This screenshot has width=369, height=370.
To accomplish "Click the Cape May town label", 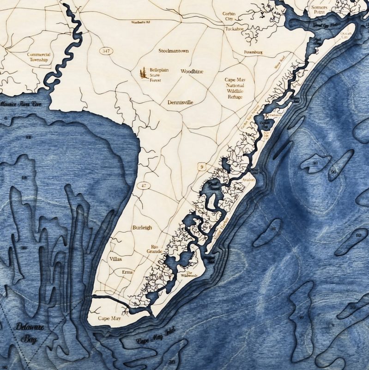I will coord(109,319).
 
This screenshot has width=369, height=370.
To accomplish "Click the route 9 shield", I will coord(202,166).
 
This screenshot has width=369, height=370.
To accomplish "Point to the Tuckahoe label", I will coord(234,29).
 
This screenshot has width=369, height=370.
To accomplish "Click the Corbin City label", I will coord(229,16).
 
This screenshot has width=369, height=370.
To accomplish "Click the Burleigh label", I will coord(142,228).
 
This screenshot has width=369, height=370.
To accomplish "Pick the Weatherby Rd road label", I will coord(141,22).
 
